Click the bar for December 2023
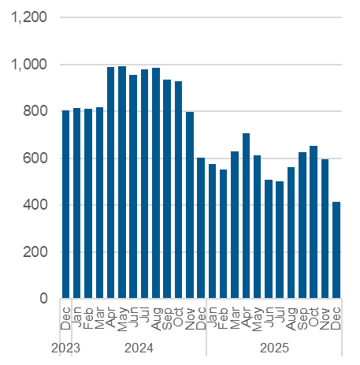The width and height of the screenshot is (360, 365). pyautogui.click(x=66, y=205)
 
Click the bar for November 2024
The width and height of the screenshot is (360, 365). pyautogui.click(x=190, y=206)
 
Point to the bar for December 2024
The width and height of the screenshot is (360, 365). pyautogui.click(x=201, y=229)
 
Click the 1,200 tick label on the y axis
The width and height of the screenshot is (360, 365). pyautogui.click(x=30, y=17)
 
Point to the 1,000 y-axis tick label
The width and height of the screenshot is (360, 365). pyautogui.click(x=30, y=65)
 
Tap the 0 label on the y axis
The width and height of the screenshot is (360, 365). pyautogui.click(x=45, y=300)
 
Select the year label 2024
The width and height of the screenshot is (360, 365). pyautogui.click(x=139, y=348)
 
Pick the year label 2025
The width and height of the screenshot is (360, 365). pyautogui.click(x=274, y=348)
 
